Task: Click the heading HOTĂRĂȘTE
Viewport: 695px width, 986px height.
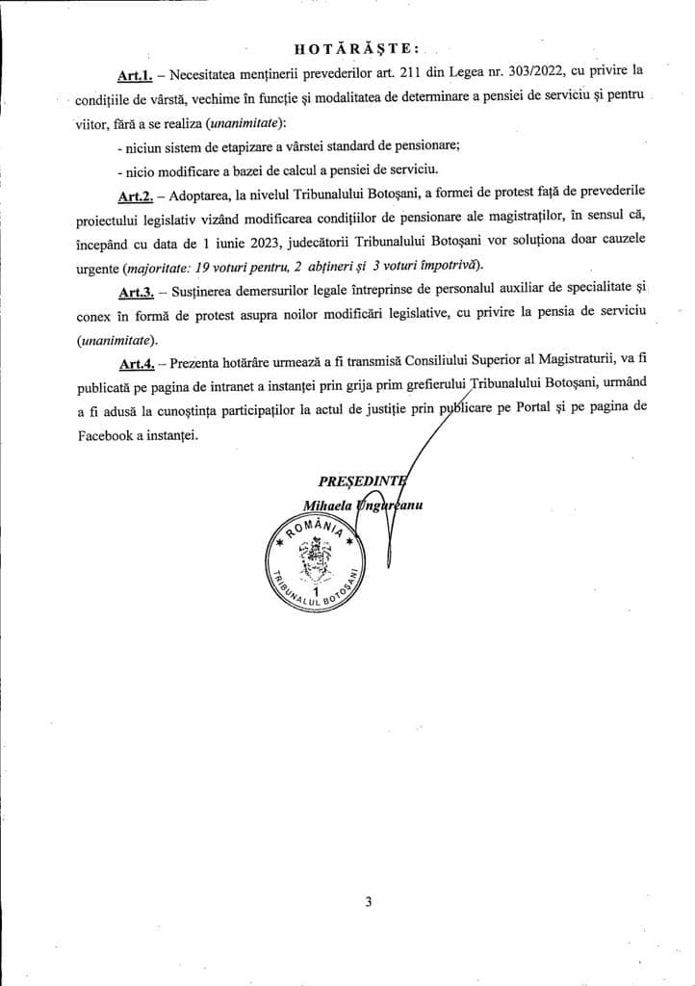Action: click(x=348, y=46)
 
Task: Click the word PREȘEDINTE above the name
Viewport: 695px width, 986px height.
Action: click(x=363, y=480)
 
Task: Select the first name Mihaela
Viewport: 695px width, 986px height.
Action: click(x=327, y=504)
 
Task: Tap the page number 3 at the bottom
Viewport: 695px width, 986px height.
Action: click(x=369, y=902)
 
